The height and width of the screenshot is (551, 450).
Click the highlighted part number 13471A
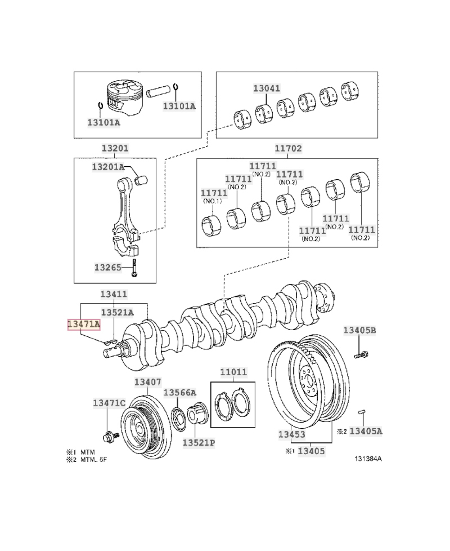[x=83, y=324]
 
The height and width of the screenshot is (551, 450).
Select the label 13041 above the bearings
[x=267, y=88]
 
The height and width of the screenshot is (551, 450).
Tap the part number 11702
[x=289, y=149]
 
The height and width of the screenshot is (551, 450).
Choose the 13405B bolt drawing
[x=361, y=355]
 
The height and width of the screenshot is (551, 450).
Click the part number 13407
[x=148, y=382]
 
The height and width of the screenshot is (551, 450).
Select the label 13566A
[x=180, y=393]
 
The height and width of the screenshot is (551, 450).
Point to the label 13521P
[x=199, y=443]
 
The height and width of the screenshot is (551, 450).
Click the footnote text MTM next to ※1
[x=87, y=452]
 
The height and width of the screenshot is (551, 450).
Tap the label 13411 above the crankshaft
[x=114, y=294]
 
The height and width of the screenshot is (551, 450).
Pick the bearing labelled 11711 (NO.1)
[x=213, y=226]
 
